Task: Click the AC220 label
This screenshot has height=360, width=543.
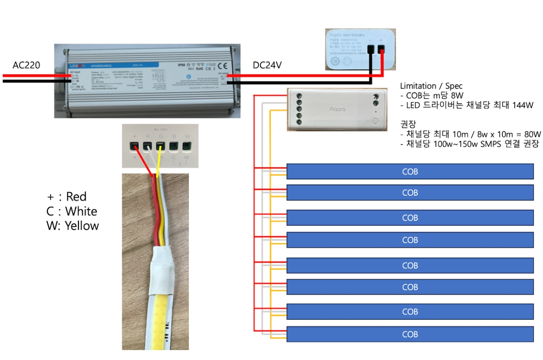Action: (26, 65)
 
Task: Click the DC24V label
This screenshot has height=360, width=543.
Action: (267, 65)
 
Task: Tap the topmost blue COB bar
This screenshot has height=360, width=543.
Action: (410, 171)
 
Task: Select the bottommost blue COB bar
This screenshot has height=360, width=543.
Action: (410, 334)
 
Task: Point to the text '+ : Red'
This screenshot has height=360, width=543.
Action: (67, 197)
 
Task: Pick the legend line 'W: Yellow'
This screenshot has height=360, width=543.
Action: (73, 226)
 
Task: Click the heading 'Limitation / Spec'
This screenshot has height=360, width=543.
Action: (431, 86)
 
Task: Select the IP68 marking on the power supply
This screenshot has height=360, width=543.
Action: (181, 65)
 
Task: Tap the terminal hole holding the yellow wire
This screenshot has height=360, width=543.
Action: (160, 146)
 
